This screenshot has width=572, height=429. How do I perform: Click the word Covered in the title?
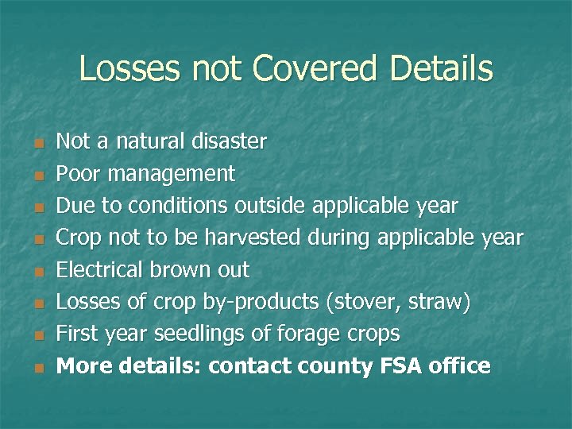click(315, 69)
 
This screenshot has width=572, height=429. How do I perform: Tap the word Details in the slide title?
click(441, 69)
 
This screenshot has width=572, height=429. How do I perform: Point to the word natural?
click(150, 142)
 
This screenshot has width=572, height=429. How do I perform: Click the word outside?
click(270, 206)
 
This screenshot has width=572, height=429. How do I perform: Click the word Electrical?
click(100, 270)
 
